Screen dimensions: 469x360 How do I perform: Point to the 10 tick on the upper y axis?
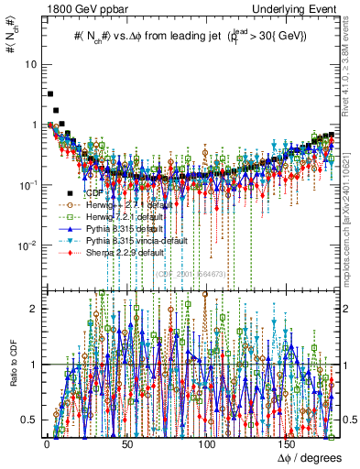[33, 65]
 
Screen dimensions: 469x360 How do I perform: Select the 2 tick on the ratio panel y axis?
[35, 309]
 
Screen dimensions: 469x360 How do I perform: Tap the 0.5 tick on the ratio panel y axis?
[31, 420]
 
